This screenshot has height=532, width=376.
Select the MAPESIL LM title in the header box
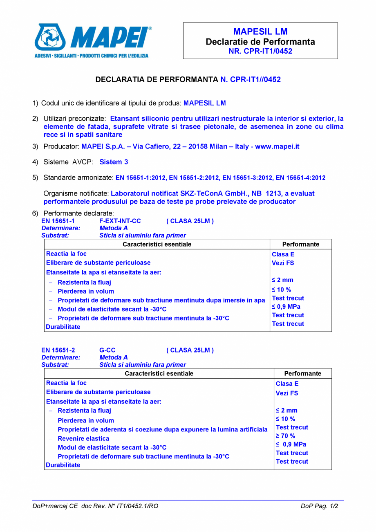click(260, 32)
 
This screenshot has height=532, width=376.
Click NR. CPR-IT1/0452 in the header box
click(260, 51)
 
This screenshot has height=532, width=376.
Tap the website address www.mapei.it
click(277, 146)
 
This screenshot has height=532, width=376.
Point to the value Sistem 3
click(114, 162)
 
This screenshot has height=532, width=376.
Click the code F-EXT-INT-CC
click(120, 221)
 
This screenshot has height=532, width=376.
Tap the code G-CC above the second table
click(107, 350)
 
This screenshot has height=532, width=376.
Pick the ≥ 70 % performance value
click(285, 436)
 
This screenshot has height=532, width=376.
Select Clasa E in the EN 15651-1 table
click(283, 254)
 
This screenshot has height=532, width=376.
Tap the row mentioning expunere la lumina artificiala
click(162, 429)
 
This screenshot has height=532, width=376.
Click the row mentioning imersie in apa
click(161, 300)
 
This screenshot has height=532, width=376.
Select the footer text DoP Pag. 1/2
click(319, 506)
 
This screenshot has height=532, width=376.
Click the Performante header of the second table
click(302, 373)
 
